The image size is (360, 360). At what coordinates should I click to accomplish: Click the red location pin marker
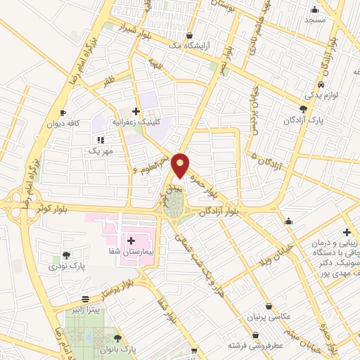(181, 165)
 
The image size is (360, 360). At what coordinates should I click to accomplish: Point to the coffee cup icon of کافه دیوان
(63, 112)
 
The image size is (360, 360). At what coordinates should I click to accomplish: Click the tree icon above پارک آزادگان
(303, 109)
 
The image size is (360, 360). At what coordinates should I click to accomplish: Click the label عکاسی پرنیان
(268, 317)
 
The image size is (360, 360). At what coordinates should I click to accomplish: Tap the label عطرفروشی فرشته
(254, 346)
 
